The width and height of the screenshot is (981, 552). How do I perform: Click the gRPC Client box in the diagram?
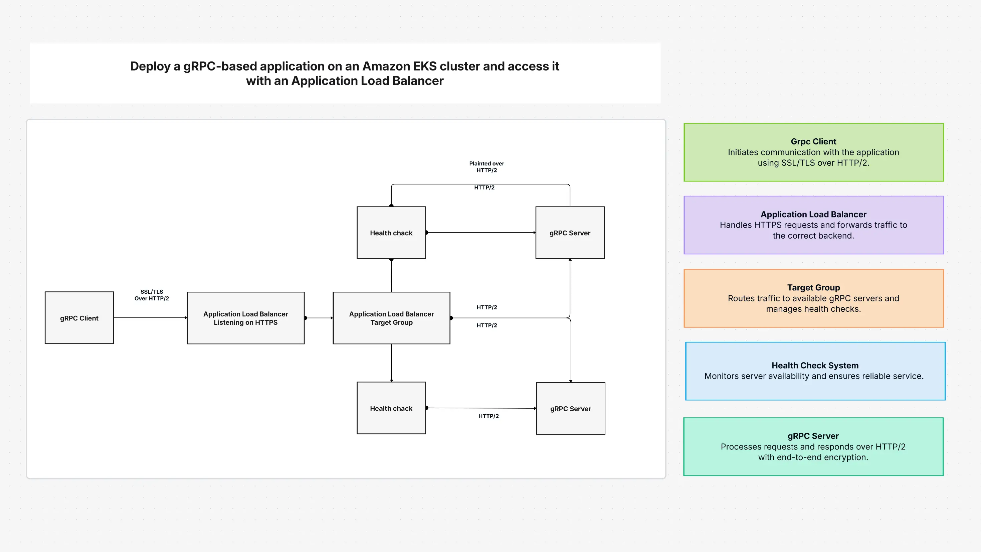click(79, 318)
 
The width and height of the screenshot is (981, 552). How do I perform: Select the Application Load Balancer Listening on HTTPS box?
click(246, 318)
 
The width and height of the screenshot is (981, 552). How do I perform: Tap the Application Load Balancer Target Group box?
click(391, 318)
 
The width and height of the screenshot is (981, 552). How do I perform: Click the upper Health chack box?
click(391, 233)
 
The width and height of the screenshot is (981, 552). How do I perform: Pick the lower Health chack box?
click(391, 408)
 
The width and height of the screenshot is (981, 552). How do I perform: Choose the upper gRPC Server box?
click(570, 233)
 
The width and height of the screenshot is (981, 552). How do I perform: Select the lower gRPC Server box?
click(571, 408)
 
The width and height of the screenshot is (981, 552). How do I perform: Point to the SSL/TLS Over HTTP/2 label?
click(152, 295)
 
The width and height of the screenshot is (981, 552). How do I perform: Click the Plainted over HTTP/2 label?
click(486, 167)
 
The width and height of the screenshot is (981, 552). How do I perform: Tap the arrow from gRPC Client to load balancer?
click(151, 317)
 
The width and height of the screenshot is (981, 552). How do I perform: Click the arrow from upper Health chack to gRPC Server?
click(480, 233)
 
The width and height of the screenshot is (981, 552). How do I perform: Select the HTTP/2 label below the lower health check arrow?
click(488, 416)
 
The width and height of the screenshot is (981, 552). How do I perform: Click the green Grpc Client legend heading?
click(813, 141)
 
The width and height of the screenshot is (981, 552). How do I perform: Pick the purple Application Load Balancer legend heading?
click(813, 214)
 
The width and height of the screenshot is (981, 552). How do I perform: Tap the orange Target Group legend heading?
click(813, 287)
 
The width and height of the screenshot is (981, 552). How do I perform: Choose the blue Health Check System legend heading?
click(815, 365)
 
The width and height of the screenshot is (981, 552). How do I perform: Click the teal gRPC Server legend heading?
click(813, 436)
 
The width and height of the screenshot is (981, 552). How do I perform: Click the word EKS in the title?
click(425, 66)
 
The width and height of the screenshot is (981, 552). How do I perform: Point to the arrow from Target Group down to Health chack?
click(391, 363)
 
